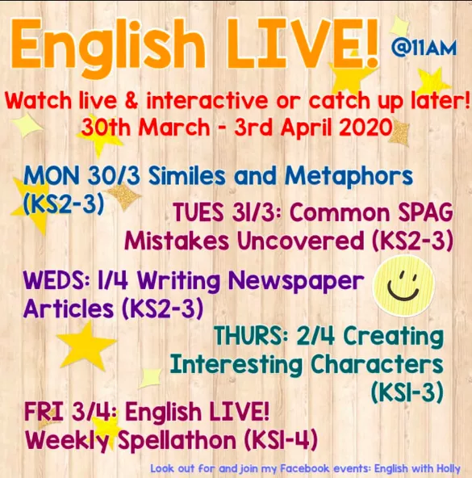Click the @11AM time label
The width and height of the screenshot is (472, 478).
[x=424, y=48]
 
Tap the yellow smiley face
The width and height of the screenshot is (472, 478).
[x=403, y=286]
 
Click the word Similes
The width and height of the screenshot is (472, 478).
[x=187, y=176]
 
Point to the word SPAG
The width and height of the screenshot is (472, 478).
[x=426, y=212]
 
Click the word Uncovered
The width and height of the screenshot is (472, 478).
[x=300, y=241]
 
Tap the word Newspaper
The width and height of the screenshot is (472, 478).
[x=296, y=282]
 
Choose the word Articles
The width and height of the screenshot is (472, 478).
[x=69, y=308]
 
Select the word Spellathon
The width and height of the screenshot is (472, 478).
[x=177, y=441]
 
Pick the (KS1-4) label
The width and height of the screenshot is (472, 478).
[x=281, y=440]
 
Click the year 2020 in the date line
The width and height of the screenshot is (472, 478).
[x=365, y=127]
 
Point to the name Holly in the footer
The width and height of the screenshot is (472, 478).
[x=449, y=468]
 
